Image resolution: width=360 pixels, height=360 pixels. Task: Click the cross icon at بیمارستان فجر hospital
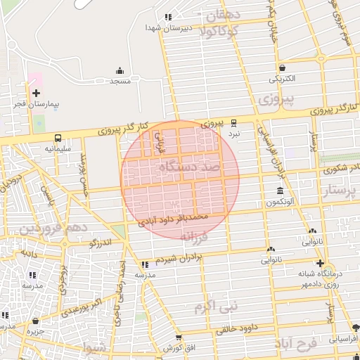pyautogui.click(x=37, y=93)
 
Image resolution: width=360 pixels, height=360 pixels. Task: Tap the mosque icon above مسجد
pyautogui.click(x=120, y=71)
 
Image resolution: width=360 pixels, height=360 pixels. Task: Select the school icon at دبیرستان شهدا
pyautogui.click(x=167, y=17)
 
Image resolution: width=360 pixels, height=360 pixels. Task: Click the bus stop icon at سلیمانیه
pyautogui.click(x=57, y=138)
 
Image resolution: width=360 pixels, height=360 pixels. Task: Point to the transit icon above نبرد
pyautogui.click(x=234, y=122)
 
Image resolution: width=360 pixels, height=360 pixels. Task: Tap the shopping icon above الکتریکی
pyautogui.click(x=282, y=68)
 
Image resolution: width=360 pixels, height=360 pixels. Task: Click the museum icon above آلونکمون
pyautogui.click(x=280, y=191)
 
